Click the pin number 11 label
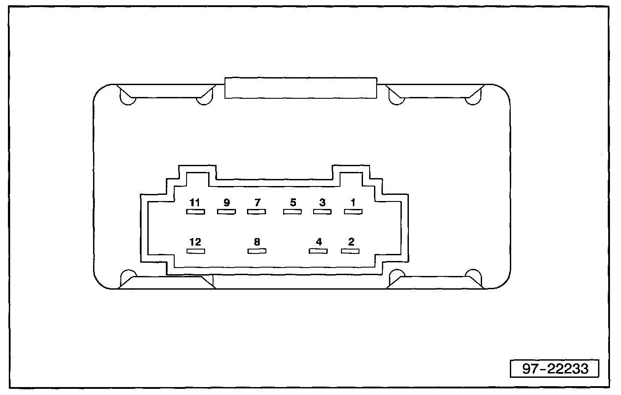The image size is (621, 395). (x=195, y=203)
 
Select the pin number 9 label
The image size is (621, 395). (x=226, y=203)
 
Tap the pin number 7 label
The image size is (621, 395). (x=257, y=203)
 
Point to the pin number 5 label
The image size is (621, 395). (x=293, y=203)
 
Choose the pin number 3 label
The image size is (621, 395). (x=322, y=203)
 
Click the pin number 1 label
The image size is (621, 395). (x=353, y=203)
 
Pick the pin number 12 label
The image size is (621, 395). (x=195, y=242)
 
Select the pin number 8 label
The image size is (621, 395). (x=257, y=242)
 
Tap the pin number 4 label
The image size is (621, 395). (x=319, y=242)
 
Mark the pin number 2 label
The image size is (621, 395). (x=351, y=242)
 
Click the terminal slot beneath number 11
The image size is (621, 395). (x=195, y=212)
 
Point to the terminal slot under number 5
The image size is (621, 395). (x=292, y=212)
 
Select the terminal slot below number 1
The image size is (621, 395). (x=353, y=212)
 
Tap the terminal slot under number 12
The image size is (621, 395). (x=196, y=251)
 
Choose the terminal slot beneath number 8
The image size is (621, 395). (x=257, y=251)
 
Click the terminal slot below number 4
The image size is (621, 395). (x=318, y=251)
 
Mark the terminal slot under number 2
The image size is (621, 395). (x=350, y=251)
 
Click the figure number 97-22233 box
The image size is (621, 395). (x=555, y=368)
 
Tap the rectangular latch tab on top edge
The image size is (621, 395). (x=301, y=88)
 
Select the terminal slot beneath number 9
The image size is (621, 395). (x=226, y=212)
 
